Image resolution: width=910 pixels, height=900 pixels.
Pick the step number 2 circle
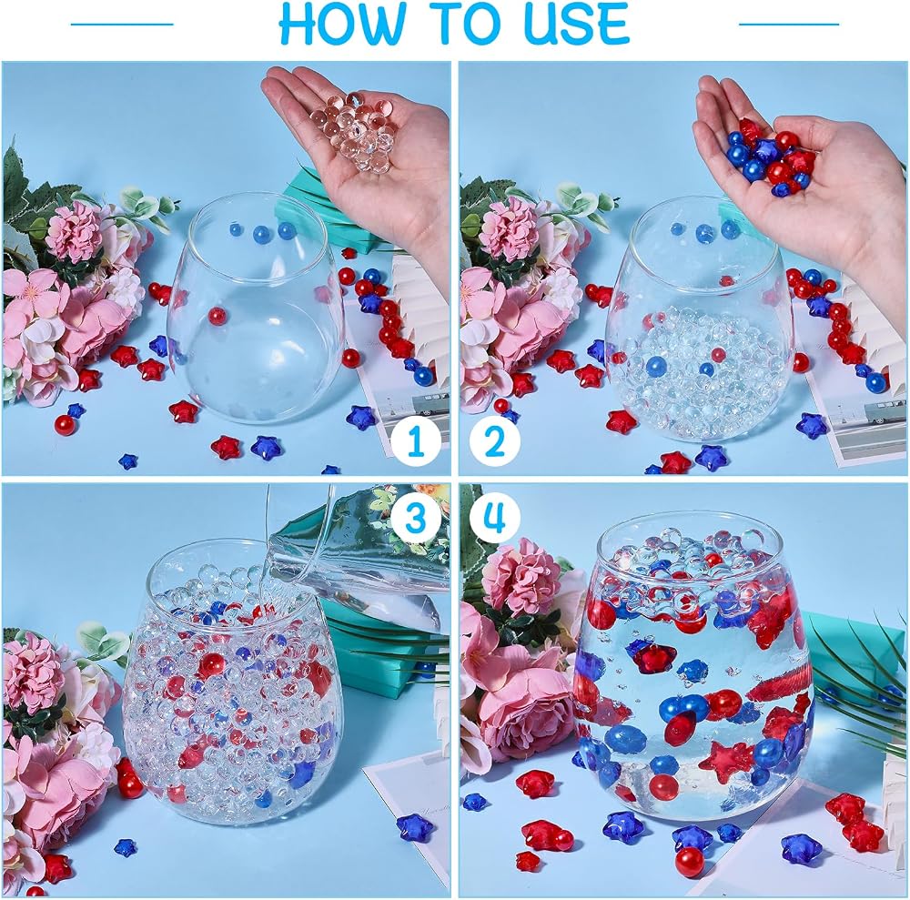point(495,441)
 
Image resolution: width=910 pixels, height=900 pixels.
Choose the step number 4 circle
point(495,517)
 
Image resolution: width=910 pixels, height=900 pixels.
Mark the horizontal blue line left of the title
point(122,24)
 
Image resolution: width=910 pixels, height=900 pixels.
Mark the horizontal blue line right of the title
point(789,24)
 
